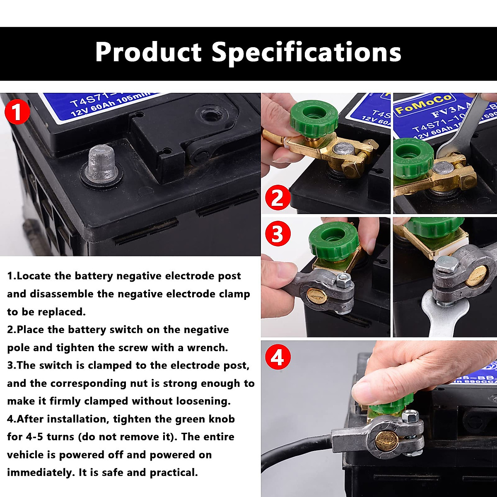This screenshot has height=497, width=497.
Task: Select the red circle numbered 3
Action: coord(277,234)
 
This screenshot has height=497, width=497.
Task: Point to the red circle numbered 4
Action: coord(277,357)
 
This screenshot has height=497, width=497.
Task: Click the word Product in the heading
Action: coord(148,53)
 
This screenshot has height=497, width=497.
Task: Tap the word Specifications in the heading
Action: coord(306,53)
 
